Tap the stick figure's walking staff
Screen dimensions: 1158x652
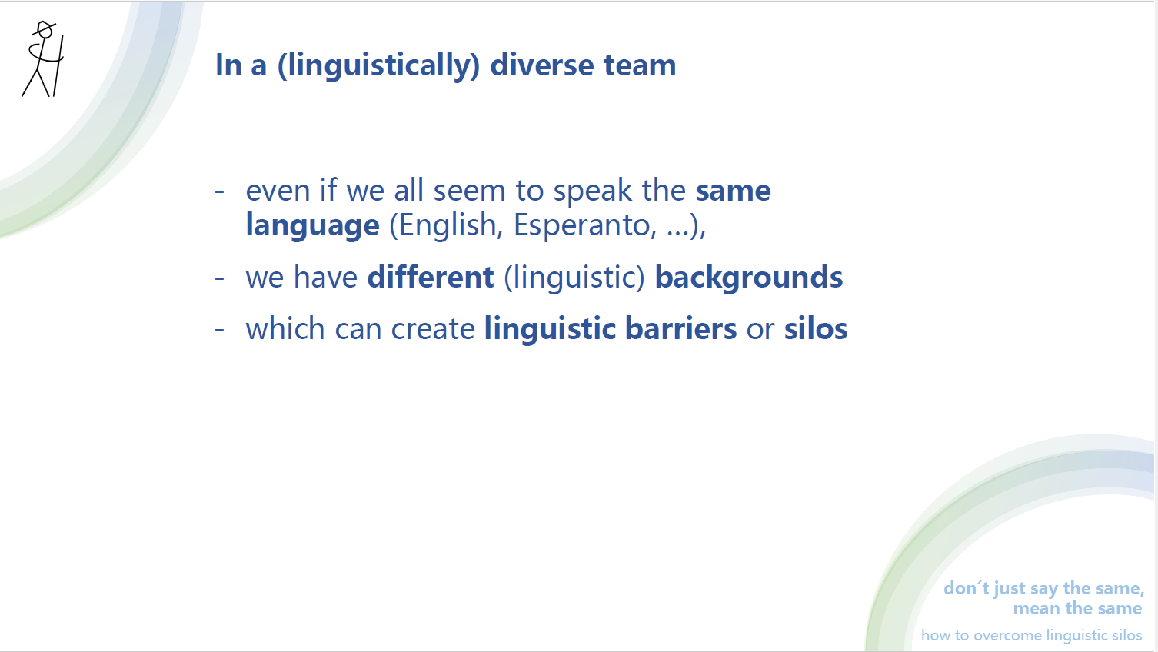coord(58,65)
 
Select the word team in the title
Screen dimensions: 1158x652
coord(640,65)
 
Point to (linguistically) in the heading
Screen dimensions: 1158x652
coord(379,65)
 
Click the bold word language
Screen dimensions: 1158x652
coord(313,225)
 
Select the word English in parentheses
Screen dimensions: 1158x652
coord(447,225)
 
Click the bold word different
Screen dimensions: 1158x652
coord(431,277)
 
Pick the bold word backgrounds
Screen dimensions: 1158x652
coord(749,277)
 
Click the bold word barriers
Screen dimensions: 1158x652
coord(680,328)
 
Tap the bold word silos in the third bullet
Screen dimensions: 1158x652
coord(816,328)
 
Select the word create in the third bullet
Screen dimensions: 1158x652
coord(433,329)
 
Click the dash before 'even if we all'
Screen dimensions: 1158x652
coord(220,191)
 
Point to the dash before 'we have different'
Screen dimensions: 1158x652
coord(220,278)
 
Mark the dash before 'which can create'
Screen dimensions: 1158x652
coord(220,329)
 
